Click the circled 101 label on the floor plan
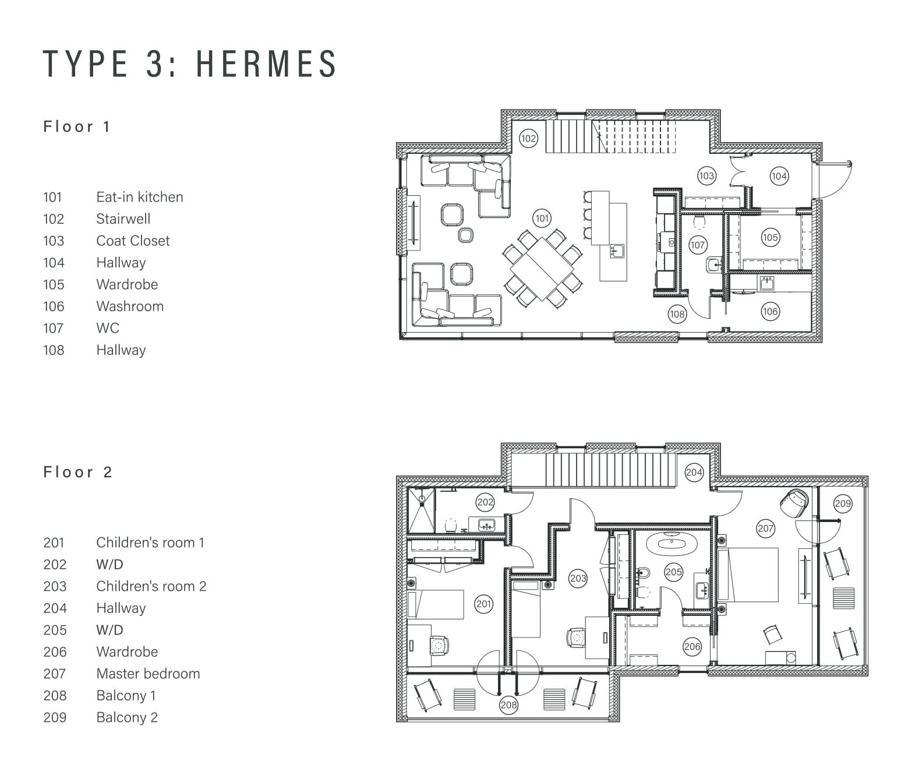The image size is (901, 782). pos(542,219)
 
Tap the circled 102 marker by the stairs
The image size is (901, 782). pos(528,139)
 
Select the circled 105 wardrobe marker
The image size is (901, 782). pos(770,238)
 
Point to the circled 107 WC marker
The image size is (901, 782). pos(697,245)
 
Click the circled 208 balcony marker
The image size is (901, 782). pos(508,705)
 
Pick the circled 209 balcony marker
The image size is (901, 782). pos(842,503)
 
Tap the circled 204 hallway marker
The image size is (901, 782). pos(694,472)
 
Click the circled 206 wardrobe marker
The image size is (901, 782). pos(692,646)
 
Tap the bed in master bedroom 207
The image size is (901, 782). pos(747,575)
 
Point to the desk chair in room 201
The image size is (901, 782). pos(438,646)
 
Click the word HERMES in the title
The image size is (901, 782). pos(267,64)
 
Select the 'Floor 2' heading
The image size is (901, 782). pos(77,472)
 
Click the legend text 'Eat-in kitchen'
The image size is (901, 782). pos(140,197)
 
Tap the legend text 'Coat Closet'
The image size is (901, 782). pos(133,241)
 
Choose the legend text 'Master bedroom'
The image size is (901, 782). pos(148,674)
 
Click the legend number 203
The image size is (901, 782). pos(55,586)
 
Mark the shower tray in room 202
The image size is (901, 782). pos(421,510)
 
